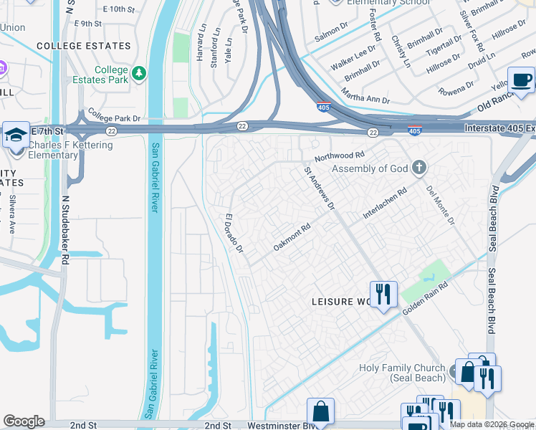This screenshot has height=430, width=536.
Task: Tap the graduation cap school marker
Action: (15, 134)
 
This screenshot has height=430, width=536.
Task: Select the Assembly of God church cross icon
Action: (420, 169)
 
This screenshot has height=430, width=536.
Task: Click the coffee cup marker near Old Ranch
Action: (521, 80)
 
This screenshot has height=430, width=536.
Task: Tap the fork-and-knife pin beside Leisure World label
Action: (383, 294)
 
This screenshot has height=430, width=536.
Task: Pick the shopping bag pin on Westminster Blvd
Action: (320, 412)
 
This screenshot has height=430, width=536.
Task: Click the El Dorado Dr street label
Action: (235, 233)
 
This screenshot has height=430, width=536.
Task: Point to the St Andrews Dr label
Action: (320, 188)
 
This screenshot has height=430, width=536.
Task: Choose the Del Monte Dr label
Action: (441, 205)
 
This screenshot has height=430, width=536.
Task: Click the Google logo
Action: (24, 421)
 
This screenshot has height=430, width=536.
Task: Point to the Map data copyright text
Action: (492, 424)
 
